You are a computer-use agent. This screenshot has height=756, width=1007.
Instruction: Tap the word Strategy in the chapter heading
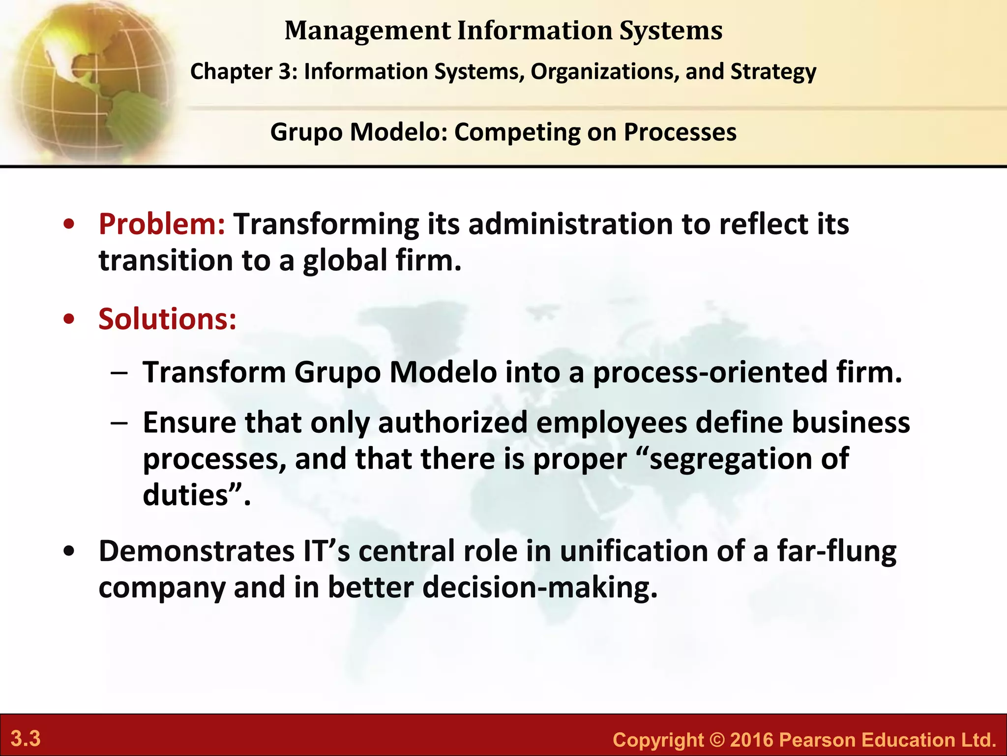pyautogui.click(x=773, y=72)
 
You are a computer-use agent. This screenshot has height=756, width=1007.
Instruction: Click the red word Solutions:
pyautogui.click(x=167, y=319)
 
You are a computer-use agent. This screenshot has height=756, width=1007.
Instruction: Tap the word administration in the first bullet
pyautogui.click(x=570, y=224)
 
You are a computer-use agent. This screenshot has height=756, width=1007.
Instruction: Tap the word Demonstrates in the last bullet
pyautogui.click(x=196, y=551)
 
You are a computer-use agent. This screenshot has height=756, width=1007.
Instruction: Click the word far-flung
pyautogui.click(x=836, y=551)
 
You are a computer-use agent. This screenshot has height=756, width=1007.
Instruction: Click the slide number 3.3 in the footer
pyautogui.click(x=26, y=739)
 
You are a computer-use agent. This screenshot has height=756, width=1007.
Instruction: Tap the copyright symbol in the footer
pyautogui.click(x=717, y=740)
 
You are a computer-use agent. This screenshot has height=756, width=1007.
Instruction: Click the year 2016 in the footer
pyautogui.click(x=752, y=740)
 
